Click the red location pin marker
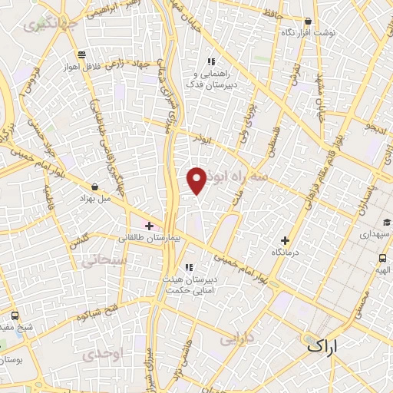pos(197,180)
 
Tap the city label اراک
pos(322,346)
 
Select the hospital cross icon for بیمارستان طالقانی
pos(149,226)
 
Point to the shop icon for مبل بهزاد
pos(94,187)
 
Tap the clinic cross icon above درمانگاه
pos(286,240)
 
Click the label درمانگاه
pos(286,252)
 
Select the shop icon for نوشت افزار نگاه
pos(308,22)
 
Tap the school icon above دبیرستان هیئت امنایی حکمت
pos(189,267)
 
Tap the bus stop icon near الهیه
pos(382,258)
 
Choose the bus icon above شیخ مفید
pos(15,316)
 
